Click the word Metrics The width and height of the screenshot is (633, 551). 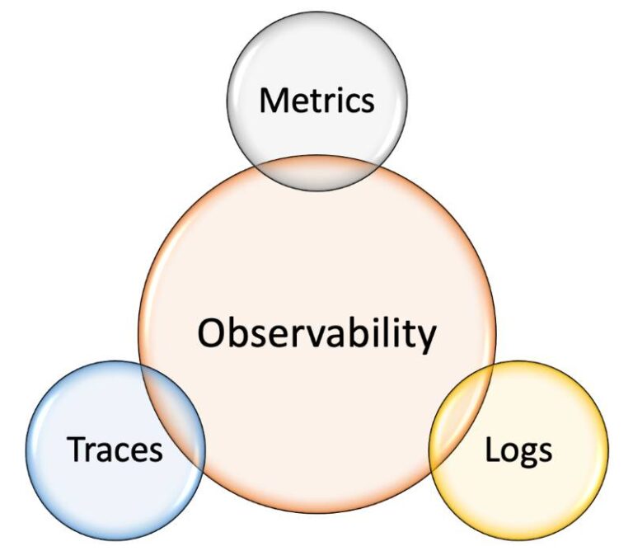[316, 101]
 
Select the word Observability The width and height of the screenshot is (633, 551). [316, 334]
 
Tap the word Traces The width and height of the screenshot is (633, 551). [115, 450]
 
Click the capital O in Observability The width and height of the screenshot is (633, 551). [212, 333]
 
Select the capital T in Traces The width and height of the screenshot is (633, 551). [77, 450]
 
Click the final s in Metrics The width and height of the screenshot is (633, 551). [367, 103]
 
